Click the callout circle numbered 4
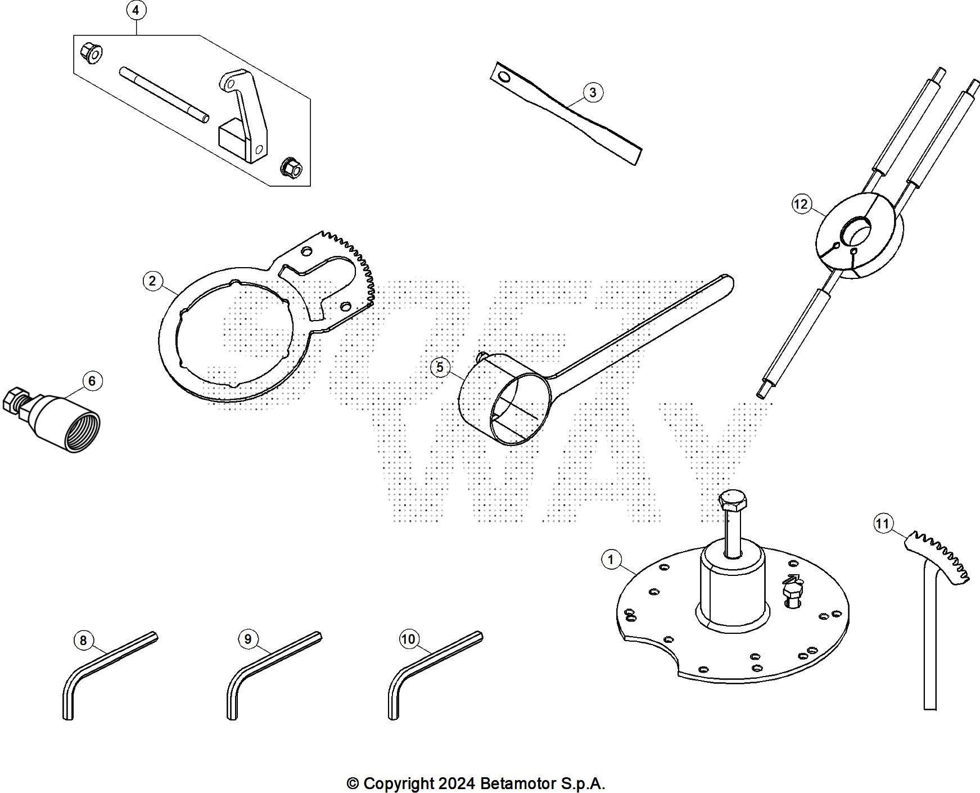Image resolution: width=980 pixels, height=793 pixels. (x=136, y=10)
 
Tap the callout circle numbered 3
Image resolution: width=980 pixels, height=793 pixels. (x=593, y=92)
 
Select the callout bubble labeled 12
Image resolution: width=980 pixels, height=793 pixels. (x=801, y=204)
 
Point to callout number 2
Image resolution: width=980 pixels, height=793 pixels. (x=152, y=281)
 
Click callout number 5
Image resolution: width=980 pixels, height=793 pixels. (x=440, y=367)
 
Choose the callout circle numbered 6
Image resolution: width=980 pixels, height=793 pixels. (x=92, y=381)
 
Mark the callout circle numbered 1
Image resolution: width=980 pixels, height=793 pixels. (x=611, y=560)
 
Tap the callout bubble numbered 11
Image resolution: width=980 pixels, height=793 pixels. (x=883, y=524)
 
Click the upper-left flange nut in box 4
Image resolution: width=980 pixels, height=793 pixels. (x=91, y=53)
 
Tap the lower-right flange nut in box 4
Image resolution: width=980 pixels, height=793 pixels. (x=291, y=166)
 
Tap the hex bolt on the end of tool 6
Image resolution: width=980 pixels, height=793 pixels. (x=15, y=398)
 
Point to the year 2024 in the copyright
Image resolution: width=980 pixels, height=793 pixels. (x=457, y=783)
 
